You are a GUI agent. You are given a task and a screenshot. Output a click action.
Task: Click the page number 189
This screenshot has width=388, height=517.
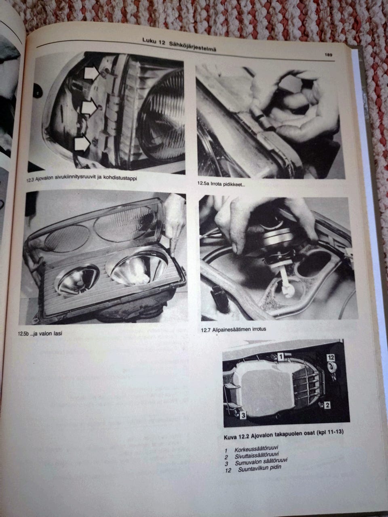328,55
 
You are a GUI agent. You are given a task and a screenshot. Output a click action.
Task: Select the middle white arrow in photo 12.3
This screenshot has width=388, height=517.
89,107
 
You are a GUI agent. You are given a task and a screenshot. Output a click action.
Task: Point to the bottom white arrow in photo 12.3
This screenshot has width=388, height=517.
82,144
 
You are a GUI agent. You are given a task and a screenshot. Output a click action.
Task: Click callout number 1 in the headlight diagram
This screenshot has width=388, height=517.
280,357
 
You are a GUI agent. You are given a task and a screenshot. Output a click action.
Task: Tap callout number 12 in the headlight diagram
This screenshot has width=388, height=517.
331,357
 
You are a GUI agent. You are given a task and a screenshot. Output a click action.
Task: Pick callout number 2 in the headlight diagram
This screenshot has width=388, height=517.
327,405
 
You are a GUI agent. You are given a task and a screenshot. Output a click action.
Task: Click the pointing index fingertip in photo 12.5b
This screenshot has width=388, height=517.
173,254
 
